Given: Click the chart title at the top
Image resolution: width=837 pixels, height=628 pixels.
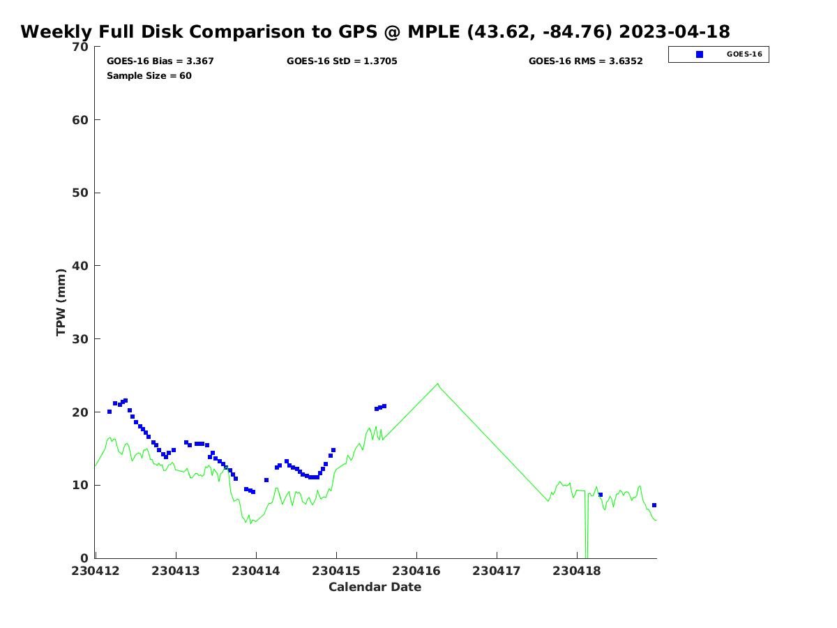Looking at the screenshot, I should click(375, 32).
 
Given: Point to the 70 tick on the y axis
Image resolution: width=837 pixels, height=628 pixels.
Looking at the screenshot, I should click(82, 47).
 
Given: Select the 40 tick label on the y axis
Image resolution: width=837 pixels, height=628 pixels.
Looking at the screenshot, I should click(82, 266).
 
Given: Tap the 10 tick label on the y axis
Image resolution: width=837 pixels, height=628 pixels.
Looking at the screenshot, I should click(82, 485).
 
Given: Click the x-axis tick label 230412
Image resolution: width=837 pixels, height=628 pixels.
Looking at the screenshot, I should click(96, 571).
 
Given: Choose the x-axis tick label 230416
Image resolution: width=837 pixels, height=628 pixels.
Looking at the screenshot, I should click(416, 571).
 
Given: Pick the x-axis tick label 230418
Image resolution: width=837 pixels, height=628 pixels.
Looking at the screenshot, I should click(577, 571).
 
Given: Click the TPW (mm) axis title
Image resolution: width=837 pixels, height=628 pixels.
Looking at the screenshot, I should click(61, 302).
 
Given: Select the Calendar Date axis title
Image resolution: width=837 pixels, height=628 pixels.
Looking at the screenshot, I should click(375, 588).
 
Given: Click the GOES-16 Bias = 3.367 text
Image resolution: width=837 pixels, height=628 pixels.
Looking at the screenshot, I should click(160, 61).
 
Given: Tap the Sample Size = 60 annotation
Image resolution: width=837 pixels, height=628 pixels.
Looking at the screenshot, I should click(149, 76).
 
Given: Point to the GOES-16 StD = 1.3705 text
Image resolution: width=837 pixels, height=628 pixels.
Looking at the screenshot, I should click(342, 61).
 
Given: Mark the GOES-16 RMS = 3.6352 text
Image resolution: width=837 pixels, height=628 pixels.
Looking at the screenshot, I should click(585, 61).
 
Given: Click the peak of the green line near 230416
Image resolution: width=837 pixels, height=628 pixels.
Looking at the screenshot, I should click(438, 383).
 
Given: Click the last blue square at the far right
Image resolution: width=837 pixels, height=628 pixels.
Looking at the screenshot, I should click(654, 505).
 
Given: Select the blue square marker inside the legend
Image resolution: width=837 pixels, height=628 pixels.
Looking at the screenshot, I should click(700, 54).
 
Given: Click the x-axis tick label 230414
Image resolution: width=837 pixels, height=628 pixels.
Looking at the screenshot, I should click(256, 571).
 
